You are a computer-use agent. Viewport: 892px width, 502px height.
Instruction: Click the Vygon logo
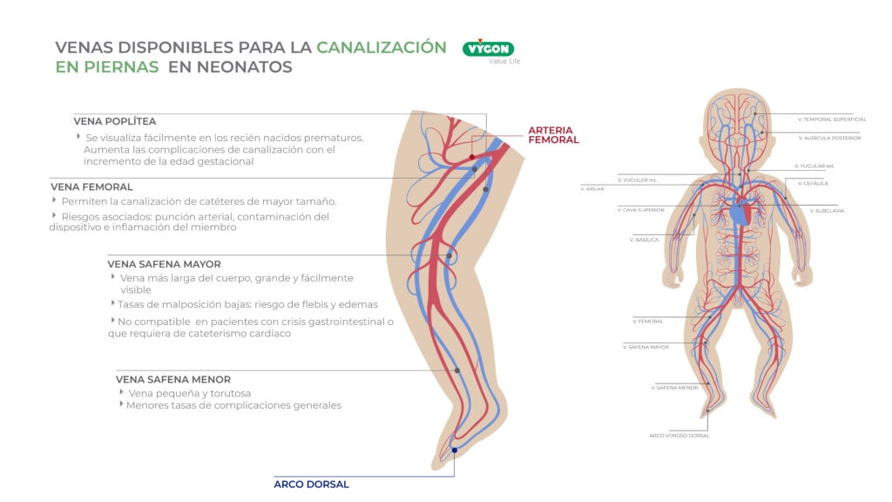coord(489,49)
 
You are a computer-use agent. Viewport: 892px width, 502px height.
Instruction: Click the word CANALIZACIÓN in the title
coord(382,47)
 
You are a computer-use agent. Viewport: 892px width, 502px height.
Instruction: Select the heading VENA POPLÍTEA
coord(115,121)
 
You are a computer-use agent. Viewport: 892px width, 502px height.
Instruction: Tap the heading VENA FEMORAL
coord(91,187)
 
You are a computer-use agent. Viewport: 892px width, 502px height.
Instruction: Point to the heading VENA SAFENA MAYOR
coord(164,263)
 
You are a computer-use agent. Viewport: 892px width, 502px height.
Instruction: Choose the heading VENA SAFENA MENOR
coord(173,379)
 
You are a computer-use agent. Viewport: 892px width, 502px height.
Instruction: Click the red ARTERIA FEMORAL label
coord(553,134)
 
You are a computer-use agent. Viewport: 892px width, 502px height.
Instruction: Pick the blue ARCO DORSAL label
coord(311,485)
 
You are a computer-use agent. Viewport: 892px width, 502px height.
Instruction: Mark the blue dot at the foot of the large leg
coord(454,451)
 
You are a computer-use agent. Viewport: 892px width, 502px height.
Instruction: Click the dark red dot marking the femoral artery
coord(472,157)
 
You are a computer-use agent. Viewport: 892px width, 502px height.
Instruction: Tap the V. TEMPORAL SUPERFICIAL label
coord(832,119)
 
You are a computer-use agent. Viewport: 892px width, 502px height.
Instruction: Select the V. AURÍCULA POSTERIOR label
coord(829,138)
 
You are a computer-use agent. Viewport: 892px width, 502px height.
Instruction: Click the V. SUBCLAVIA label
coord(827,210)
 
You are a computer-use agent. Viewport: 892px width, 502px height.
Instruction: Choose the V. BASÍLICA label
coord(644,239)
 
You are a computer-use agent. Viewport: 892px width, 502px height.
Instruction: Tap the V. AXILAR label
coord(592,188)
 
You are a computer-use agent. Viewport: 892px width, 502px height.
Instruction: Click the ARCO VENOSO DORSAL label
coord(679,435)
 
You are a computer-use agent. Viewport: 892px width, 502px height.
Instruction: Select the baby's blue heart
coord(739,211)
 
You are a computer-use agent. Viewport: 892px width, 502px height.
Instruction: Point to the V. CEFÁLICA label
coord(814,183)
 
